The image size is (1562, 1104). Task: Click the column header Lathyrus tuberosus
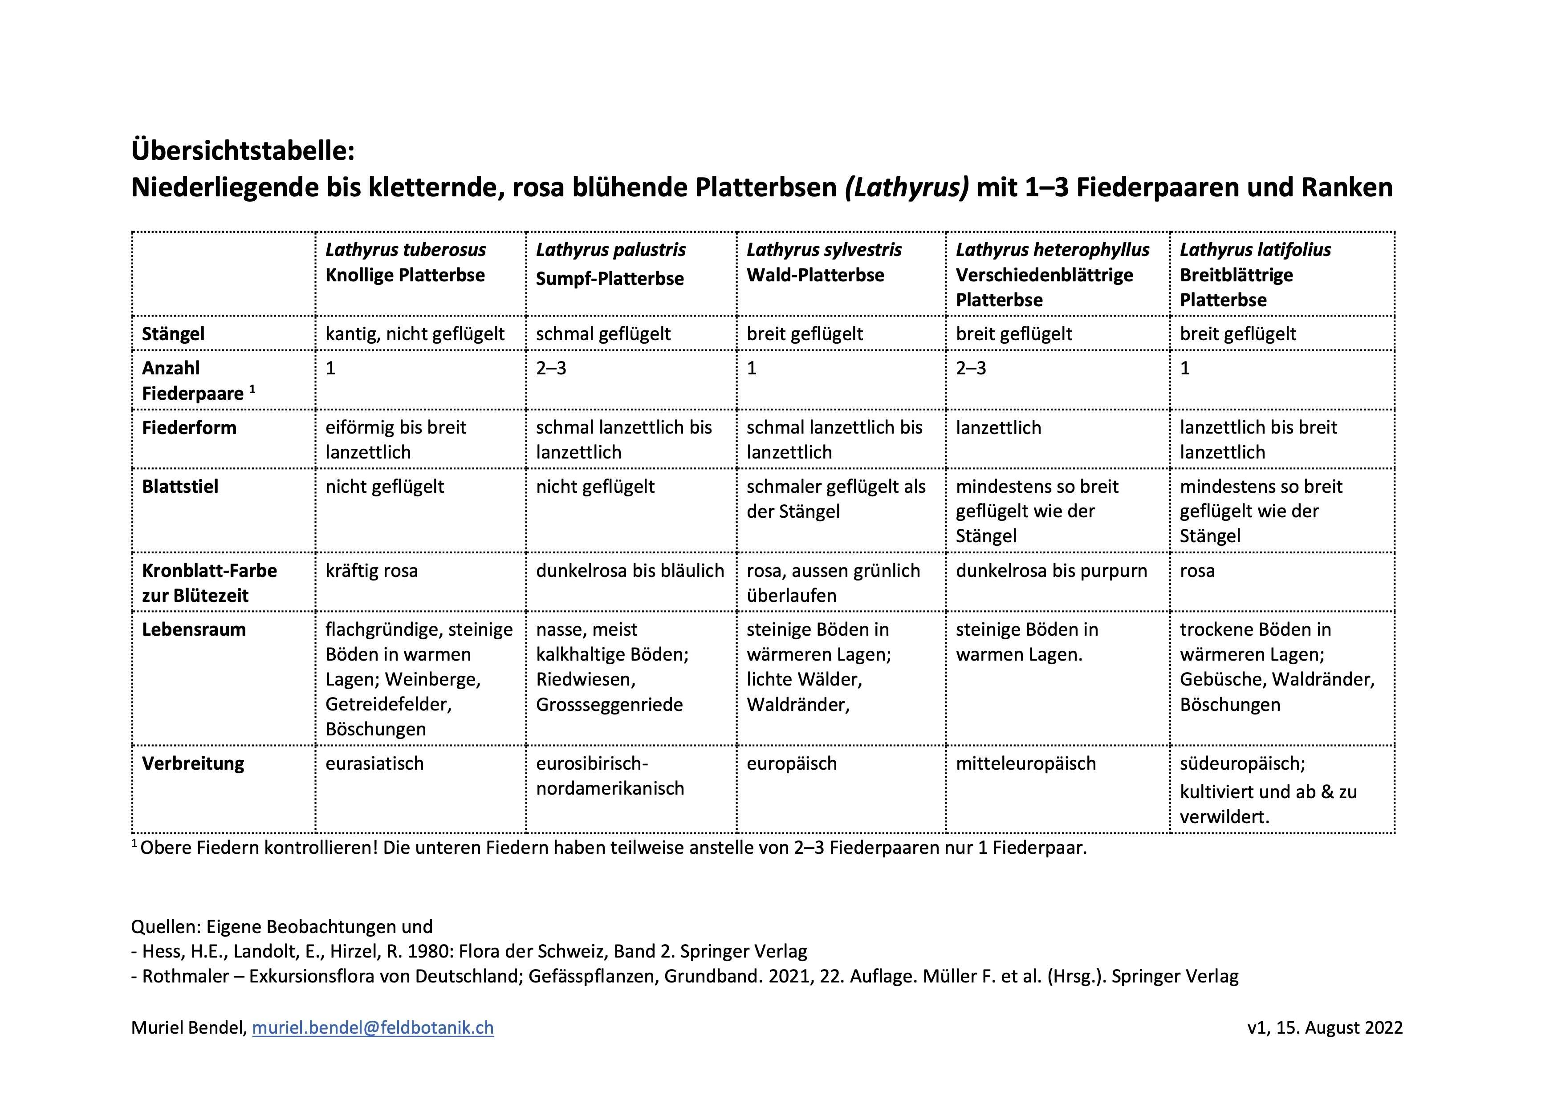coord(406,250)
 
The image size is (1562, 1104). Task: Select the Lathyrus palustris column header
coord(610,250)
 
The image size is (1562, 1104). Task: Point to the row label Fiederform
coord(189,428)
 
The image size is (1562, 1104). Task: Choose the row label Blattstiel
coord(180,487)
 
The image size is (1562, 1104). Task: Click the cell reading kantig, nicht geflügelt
coord(415,334)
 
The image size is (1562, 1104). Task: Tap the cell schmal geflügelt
coord(603,334)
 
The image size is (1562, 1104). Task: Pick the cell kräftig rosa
coord(371,571)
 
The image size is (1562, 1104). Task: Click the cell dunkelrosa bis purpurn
coord(1051,571)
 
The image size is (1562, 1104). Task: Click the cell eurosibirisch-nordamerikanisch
coord(610,775)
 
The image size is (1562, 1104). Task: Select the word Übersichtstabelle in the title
coord(243,150)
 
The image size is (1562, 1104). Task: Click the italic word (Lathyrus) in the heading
coord(907,187)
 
